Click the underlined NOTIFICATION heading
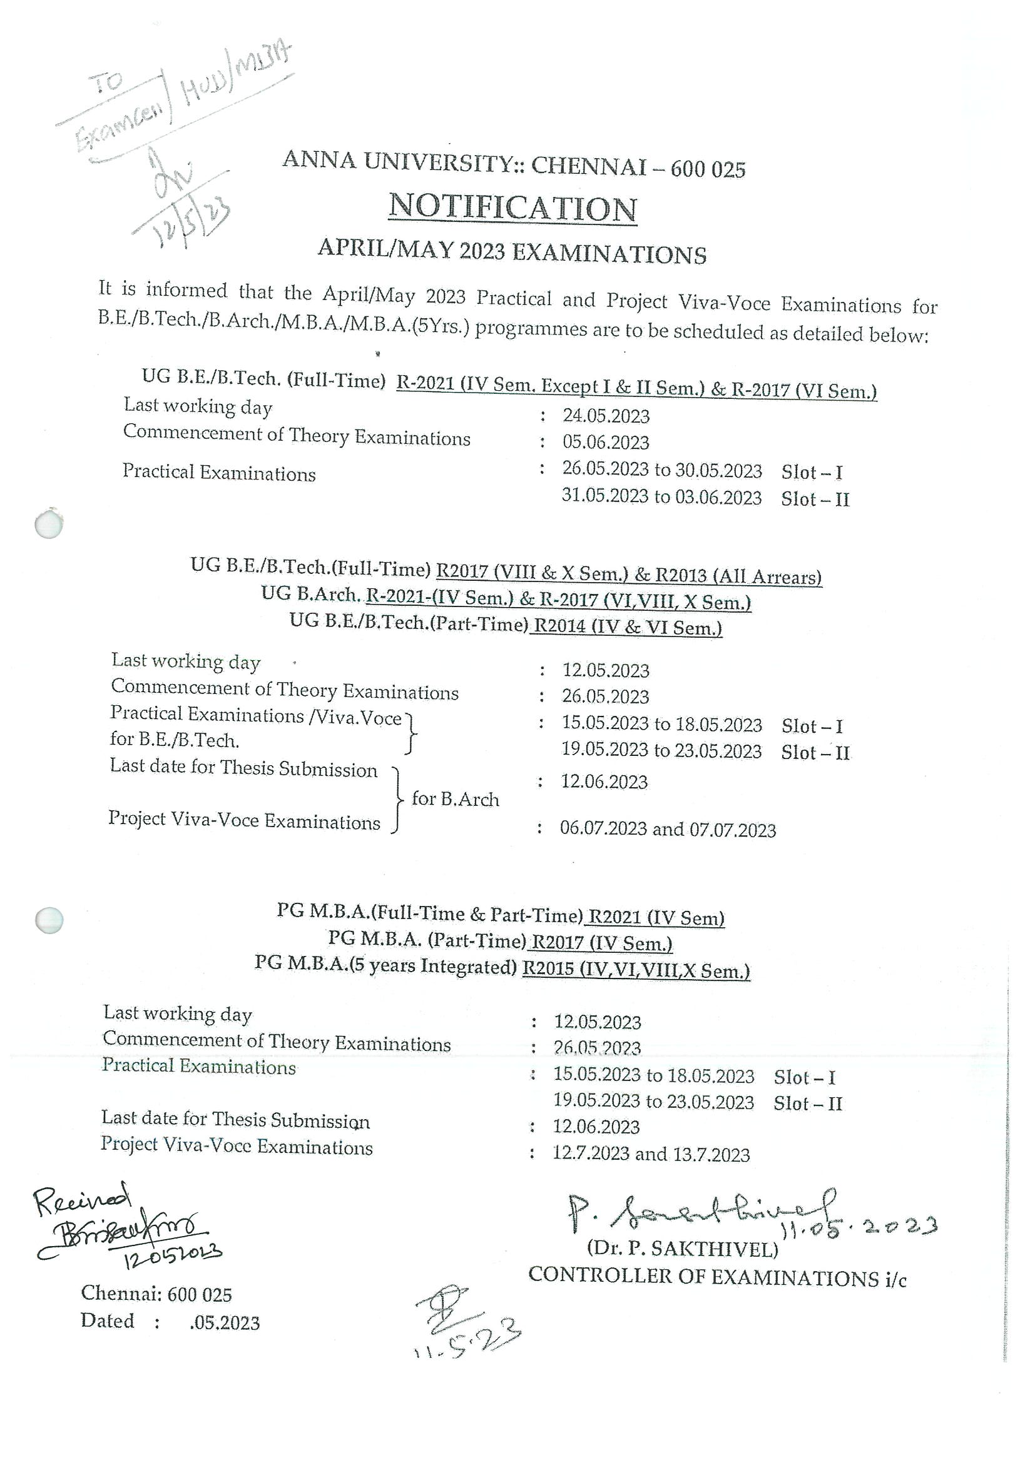coord(512,208)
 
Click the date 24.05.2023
coord(605,416)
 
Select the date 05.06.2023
coord(605,442)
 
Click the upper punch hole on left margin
coord(48,524)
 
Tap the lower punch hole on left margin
coord(48,920)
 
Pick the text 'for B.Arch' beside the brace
coord(456,799)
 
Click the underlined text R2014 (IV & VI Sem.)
coord(628,627)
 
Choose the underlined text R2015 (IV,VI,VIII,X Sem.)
coord(636,970)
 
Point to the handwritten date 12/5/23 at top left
coord(185,223)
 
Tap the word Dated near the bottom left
coord(107,1321)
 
